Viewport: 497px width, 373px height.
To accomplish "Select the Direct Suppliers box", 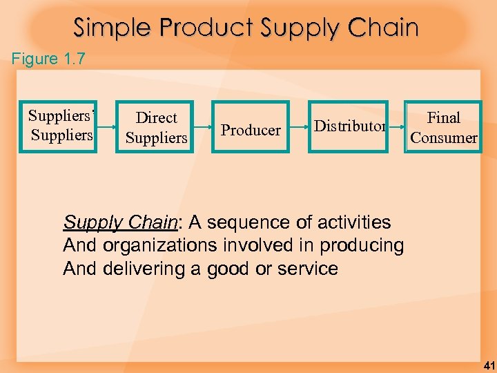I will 156,127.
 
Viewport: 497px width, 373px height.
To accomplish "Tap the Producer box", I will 251,128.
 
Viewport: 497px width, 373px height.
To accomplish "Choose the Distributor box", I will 349,126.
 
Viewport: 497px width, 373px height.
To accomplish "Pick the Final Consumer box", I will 443,127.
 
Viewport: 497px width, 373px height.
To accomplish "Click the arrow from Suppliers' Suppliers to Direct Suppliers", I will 106,127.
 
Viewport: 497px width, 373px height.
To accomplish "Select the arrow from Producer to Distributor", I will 299,127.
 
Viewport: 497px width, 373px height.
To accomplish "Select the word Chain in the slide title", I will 383,28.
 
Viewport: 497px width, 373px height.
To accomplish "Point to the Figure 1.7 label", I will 48,59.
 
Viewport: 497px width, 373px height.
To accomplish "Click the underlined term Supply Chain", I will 120,222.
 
